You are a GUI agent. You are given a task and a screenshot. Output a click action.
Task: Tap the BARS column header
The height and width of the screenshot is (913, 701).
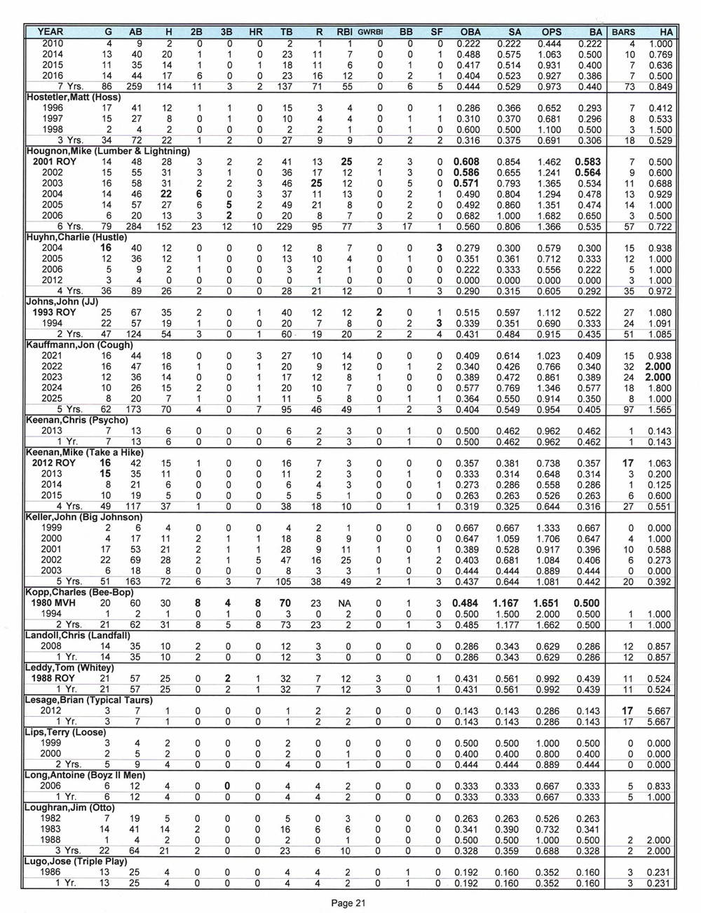point(623,32)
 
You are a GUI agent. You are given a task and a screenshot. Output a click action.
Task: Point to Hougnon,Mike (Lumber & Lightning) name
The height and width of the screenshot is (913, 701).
point(108,151)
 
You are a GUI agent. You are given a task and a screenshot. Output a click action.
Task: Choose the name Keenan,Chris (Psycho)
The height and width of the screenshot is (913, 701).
point(77,420)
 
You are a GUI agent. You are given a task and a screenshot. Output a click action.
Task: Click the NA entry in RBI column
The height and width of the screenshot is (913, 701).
point(344,603)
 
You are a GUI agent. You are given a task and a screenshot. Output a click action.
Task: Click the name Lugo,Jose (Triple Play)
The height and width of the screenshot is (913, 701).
point(76,860)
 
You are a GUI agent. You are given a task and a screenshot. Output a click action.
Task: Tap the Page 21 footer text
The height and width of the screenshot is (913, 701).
point(349,904)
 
